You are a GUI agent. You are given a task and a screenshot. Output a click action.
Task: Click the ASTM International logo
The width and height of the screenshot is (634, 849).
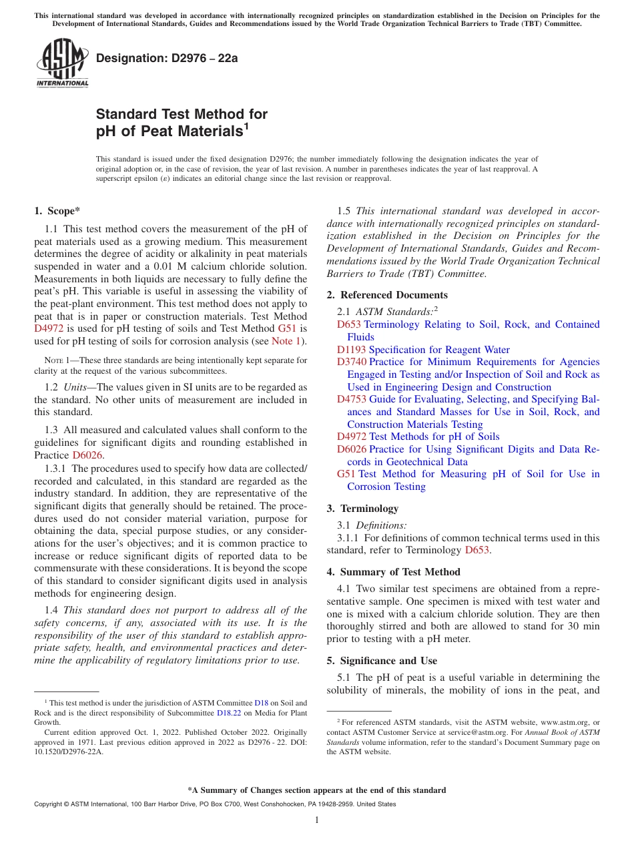point(62,63)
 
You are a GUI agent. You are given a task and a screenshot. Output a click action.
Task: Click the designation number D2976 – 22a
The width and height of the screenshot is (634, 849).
point(167,58)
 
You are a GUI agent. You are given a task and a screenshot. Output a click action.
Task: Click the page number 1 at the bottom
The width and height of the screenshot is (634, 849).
point(317,820)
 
